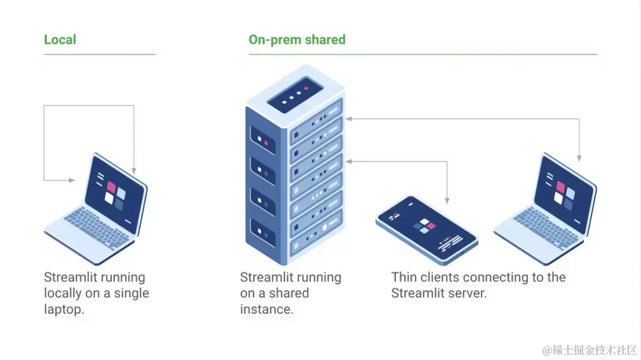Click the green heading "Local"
pyautogui.click(x=60, y=40)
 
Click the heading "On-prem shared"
pyautogui.click(x=297, y=40)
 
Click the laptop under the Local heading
pyautogui.click(x=98, y=208)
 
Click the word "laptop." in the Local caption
pyautogui.click(x=64, y=309)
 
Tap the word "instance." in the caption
pyautogui.click(x=266, y=309)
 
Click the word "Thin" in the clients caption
pyautogui.click(x=404, y=278)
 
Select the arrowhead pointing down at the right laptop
pyautogui.click(x=579, y=158)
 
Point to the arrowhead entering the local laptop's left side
pyautogui.click(x=72, y=180)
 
